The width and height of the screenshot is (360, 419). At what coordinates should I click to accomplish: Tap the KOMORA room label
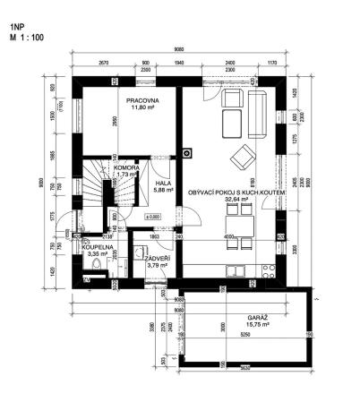pyautogui.click(x=126, y=167)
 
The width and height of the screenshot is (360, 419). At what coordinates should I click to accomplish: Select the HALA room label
pyautogui.click(x=162, y=183)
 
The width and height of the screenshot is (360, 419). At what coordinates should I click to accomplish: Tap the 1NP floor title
pyautogui.click(x=17, y=28)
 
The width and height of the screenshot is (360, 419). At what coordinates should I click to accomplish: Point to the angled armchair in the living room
pyautogui.click(x=241, y=158)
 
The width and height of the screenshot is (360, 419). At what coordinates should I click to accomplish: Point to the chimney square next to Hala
pyautogui.click(x=186, y=150)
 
